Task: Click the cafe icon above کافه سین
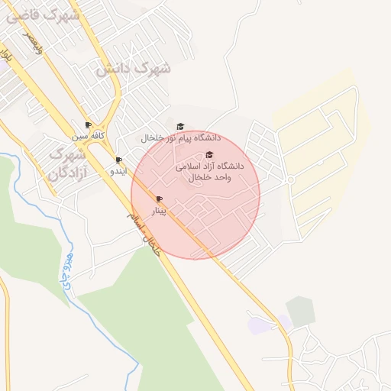click(88, 125)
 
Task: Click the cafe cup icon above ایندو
click(118, 160)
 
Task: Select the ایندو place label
click(114, 171)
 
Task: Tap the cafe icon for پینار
click(159, 199)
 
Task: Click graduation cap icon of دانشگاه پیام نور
click(180, 127)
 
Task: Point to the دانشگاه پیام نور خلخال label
click(180, 138)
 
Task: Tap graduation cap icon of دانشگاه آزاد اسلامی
click(209, 155)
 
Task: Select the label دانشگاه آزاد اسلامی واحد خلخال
click(209, 171)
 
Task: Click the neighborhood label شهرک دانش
click(134, 69)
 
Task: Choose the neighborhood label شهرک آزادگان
click(68, 163)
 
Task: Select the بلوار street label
click(8, 55)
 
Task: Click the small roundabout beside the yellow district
click(291, 180)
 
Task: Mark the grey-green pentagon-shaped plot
click(300, 311)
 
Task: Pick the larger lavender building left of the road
click(258, 325)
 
